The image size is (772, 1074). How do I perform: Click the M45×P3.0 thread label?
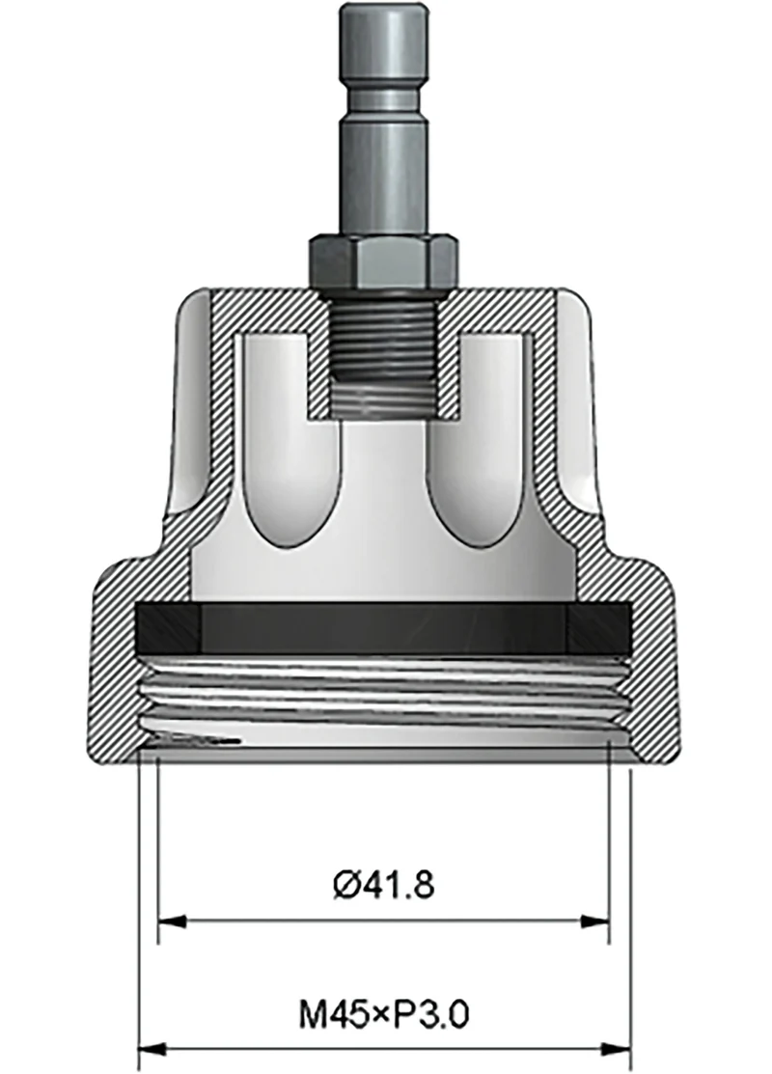(384, 1014)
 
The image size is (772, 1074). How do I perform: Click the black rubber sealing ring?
(383, 629)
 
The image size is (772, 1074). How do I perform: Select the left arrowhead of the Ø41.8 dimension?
(170, 922)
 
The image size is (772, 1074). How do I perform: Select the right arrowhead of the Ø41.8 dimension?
(596, 922)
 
